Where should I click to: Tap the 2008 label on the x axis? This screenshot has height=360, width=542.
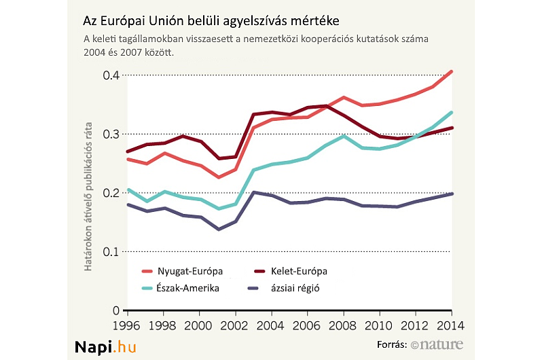click(x=344, y=325)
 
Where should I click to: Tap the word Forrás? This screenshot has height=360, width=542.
click(x=391, y=345)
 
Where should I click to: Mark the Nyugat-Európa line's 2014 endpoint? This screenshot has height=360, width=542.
click(x=452, y=71)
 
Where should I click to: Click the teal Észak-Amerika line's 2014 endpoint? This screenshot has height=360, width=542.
click(x=452, y=113)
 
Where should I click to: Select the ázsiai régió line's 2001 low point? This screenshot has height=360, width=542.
click(x=218, y=230)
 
